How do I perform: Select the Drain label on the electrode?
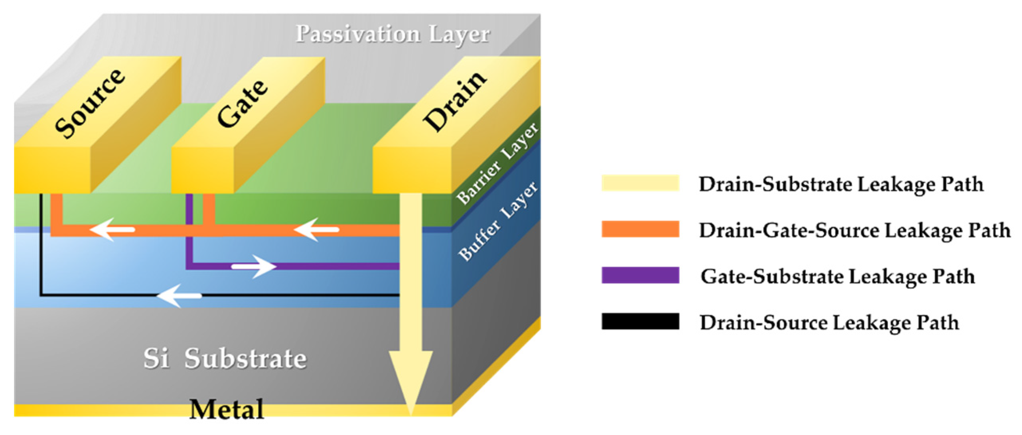pyautogui.click(x=455, y=102)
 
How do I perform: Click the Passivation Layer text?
pyautogui.click(x=393, y=34)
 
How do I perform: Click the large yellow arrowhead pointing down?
pyautogui.click(x=411, y=379)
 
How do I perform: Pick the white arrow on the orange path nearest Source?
pyautogui.click(x=112, y=230)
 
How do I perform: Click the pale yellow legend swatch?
pyautogui.click(x=640, y=183)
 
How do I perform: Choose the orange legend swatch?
pyautogui.click(x=640, y=229)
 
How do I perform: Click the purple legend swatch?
pyautogui.click(x=640, y=276)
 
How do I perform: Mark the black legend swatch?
pyautogui.click(x=640, y=321)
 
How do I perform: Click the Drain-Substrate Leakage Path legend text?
pyautogui.click(x=841, y=185)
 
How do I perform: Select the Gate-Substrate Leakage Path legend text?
pyautogui.click(x=838, y=277)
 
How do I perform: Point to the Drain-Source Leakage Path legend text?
pyautogui.click(x=829, y=323)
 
